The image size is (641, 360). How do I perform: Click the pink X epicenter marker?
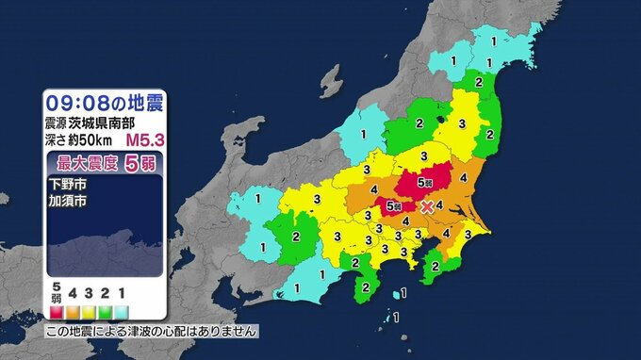427,205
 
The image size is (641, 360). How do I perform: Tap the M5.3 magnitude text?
145,140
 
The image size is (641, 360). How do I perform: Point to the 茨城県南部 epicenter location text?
105,123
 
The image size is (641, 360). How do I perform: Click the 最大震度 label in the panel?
79,161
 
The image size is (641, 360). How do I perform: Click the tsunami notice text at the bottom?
151,332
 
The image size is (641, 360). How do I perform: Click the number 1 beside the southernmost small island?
396,316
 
